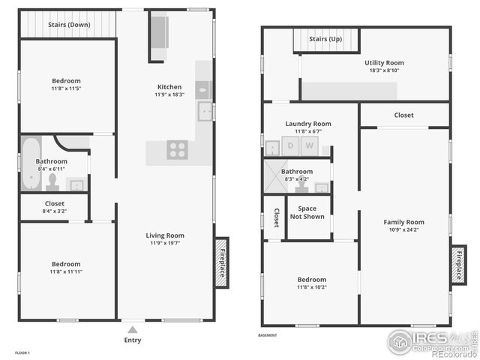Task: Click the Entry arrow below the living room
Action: click(x=133, y=328)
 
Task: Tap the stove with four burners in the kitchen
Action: click(x=177, y=149)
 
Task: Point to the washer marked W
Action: click(x=309, y=146)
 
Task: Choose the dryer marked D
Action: click(x=290, y=146)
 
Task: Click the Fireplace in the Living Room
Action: click(x=222, y=261)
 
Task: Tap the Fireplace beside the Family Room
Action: click(x=458, y=265)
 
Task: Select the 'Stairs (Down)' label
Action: click(x=70, y=25)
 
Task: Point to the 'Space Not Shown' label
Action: click(x=307, y=213)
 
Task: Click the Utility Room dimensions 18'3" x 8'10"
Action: click(x=385, y=70)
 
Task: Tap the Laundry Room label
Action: click(x=308, y=124)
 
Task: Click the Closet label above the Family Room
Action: click(x=404, y=115)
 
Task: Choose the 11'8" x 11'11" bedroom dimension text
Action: click(x=66, y=272)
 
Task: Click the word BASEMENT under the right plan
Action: click(x=267, y=335)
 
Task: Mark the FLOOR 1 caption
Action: click(x=22, y=352)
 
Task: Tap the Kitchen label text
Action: click(x=169, y=87)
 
